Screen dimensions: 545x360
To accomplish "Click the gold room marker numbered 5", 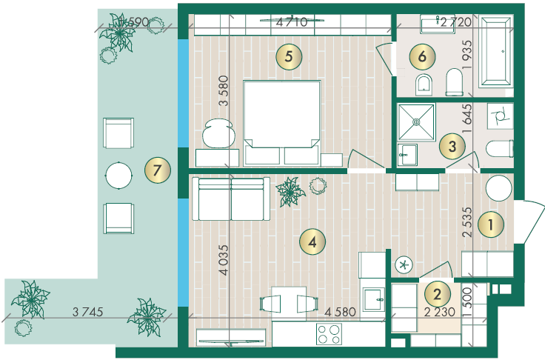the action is click(x=289, y=56).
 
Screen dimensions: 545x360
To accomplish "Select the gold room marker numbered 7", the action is click(x=158, y=170).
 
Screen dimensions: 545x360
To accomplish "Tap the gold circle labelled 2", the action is click(x=437, y=294).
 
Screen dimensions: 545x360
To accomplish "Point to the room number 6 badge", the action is click(x=422, y=56).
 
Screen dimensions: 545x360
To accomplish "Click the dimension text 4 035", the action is click(x=224, y=260).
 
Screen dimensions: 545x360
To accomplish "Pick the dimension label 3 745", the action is click(x=87, y=312).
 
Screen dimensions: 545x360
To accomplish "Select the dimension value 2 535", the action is click(x=468, y=222).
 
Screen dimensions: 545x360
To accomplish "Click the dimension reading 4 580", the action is click(x=340, y=312).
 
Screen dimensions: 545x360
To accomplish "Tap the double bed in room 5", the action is click(x=282, y=122).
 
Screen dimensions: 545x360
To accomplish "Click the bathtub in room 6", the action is click(x=495, y=51).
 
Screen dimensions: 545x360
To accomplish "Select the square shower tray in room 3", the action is click(x=416, y=122).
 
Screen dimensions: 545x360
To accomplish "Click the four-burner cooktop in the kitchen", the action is click(x=329, y=334).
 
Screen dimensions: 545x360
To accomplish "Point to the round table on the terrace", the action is click(x=118, y=176).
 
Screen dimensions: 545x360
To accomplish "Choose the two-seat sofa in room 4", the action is click(x=231, y=199).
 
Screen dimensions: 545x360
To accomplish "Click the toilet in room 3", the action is click(x=500, y=149).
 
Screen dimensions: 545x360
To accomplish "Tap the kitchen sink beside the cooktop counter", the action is click(x=374, y=299).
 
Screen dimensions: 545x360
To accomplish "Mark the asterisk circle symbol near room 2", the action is click(x=404, y=265).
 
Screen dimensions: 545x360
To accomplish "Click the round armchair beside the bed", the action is click(x=218, y=133).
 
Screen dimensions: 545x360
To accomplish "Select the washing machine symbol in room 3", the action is click(x=500, y=116).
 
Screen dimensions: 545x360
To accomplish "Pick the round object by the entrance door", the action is click(x=499, y=188).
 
